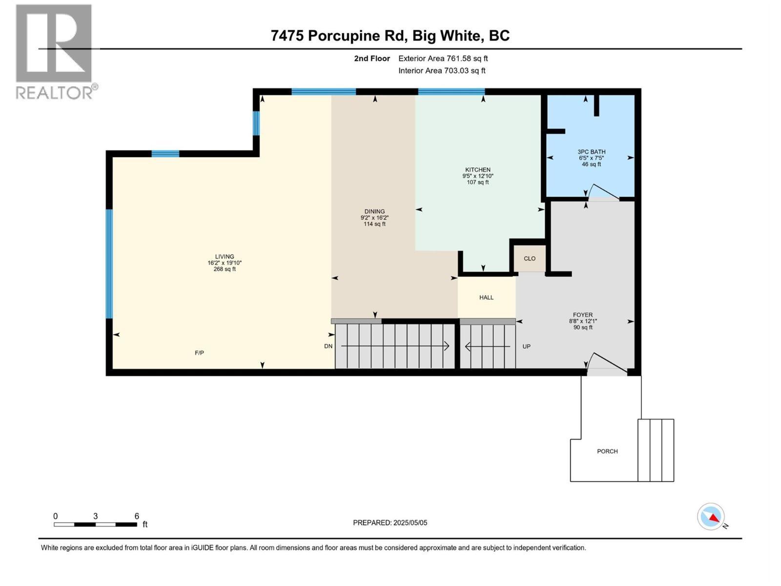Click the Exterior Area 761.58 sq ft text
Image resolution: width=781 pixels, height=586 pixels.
click(x=443, y=59)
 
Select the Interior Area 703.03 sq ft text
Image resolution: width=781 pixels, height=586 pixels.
click(x=442, y=71)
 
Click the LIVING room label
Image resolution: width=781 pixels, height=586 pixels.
click(x=225, y=257)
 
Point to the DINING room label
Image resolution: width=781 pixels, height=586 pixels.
click(x=374, y=212)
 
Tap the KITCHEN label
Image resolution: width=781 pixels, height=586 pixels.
click(x=477, y=170)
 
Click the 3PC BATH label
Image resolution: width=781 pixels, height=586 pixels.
click(x=591, y=152)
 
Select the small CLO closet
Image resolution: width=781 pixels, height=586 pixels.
click(x=530, y=259)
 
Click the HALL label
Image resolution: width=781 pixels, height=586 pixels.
click(x=486, y=297)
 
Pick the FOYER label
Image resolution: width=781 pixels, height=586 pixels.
click(x=583, y=315)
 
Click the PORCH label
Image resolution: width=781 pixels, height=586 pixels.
click(x=607, y=452)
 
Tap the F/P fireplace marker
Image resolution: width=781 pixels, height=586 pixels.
click(x=199, y=353)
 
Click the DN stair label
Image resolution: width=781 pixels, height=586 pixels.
click(x=328, y=346)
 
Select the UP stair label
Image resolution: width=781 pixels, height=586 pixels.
click(x=526, y=347)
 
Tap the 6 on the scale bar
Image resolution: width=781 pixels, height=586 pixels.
click(x=137, y=516)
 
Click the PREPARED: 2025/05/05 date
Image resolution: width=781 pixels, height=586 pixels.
click(x=390, y=523)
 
